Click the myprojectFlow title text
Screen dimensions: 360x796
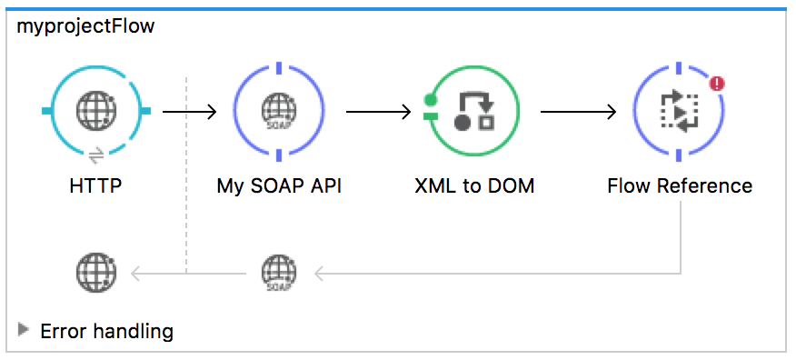pos(85,26)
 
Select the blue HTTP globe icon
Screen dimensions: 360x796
pos(96,111)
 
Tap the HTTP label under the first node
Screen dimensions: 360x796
pos(95,186)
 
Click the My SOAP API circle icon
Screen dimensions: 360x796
pos(279,111)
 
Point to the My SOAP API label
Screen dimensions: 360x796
pos(279,186)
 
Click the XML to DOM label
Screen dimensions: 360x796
pos(473,186)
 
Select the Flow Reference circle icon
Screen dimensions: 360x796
pos(679,111)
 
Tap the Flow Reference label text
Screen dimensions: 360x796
pos(680,186)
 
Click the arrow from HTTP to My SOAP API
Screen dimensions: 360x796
pos(189,112)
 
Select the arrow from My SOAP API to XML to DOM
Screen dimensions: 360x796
pos(378,112)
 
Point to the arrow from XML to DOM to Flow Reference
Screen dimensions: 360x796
pos(578,112)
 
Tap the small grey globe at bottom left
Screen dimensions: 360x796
pos(96,271)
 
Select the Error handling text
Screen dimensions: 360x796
pos(106,331)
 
